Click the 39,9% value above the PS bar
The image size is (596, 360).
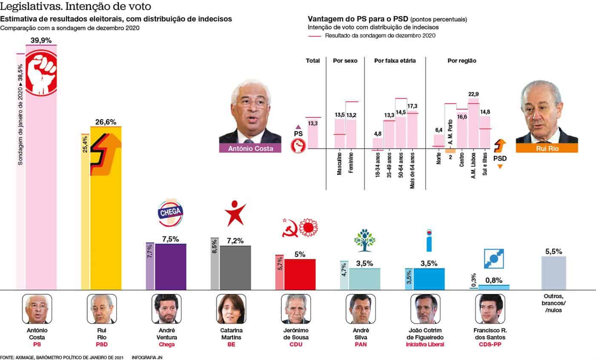(x=41, y=40)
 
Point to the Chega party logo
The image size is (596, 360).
(x=170, y=212)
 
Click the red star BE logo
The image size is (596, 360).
(x=235, y=214)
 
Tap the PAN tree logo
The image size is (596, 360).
(x=365, y=240)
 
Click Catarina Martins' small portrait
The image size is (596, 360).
(x=231, y=309)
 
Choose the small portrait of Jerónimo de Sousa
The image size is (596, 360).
(x=296, y=309)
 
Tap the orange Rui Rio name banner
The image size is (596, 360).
(x=547, y=148)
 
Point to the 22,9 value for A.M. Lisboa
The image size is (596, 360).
(x=473, y=95)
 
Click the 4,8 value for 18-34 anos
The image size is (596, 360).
(x=378, y=133)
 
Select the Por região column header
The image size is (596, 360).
(x=461, y=61)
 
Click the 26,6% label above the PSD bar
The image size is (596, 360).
(x=106, y=122)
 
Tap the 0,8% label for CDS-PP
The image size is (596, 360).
(x=494, y=280)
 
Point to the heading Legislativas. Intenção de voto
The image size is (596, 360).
(x=75, y=7)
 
